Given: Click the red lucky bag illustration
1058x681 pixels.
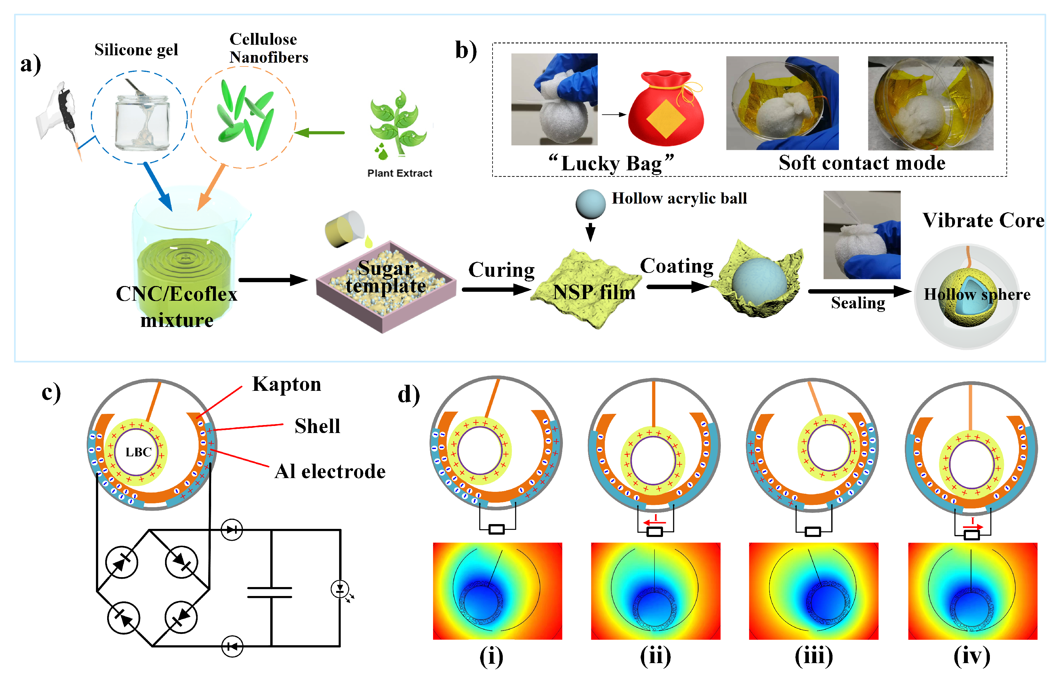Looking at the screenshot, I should click(x=666, y=111).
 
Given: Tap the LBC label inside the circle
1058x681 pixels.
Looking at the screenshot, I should click(x=138, y=452).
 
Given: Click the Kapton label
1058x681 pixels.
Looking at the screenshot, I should click(x=286, y=384).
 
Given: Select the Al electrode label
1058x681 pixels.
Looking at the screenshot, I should click(x=330, y=471).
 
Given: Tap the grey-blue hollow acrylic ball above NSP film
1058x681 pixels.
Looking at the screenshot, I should click(x=590, y=204).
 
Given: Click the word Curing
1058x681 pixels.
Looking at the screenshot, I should click(x=501, y=270).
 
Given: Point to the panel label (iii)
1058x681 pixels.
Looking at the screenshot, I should click(x=813, y=656).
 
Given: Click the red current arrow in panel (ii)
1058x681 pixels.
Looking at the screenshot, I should click(x=654, y=522).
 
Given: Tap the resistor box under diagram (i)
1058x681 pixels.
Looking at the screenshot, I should click(x=496, y=529).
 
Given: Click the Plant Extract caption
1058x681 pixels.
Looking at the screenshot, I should click(x=399, y=173).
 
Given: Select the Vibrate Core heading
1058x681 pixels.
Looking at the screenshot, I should click(x=983, y=220).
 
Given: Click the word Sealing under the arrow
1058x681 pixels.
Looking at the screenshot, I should click(x=857, y=303).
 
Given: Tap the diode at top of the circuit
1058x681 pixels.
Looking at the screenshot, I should click(x=232, y=529).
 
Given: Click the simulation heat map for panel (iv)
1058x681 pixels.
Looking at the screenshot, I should click(x=972, y=591).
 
